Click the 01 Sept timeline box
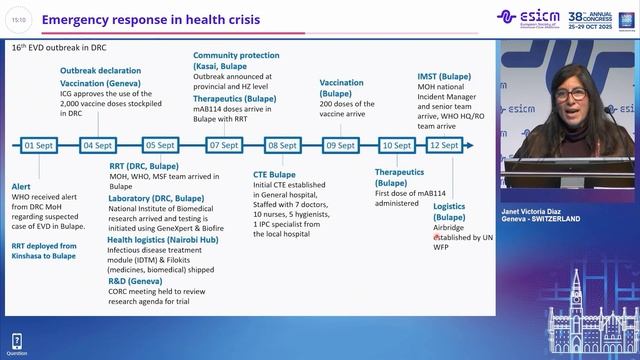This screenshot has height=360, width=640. tap(38, 145)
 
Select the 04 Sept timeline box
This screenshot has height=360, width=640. tap(97, 145)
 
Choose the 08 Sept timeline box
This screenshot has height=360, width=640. tap(282, 145)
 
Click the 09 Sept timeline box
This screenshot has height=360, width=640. tap(343, 145)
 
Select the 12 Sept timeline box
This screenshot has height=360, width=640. tap(443, 145)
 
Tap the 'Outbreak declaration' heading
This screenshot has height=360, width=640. tap(100, 71)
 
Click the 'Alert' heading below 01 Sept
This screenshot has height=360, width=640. tap(21, 187)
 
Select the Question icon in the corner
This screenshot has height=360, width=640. tap(17, 343)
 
